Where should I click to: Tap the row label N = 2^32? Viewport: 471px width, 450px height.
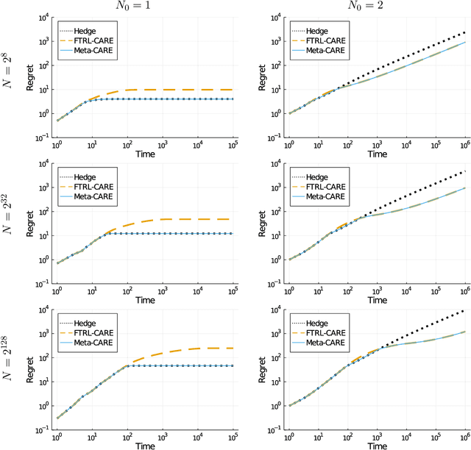10,226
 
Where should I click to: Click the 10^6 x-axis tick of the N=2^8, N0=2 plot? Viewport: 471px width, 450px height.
464,146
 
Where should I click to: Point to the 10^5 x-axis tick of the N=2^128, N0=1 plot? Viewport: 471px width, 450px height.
233,438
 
